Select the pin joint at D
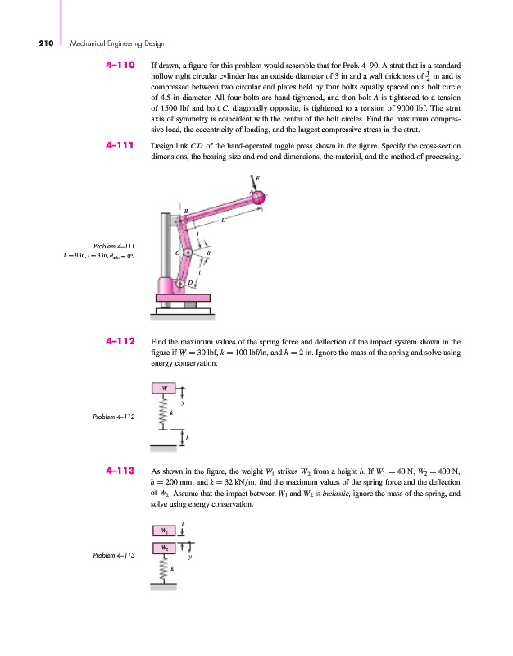coord(182,284)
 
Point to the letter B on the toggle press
coord(186,211)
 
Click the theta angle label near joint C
coord(209,253)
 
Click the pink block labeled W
coord(165,388)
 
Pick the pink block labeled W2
coord(165,546)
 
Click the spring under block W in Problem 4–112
coord(165,417)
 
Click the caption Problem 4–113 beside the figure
coord(114,555)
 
